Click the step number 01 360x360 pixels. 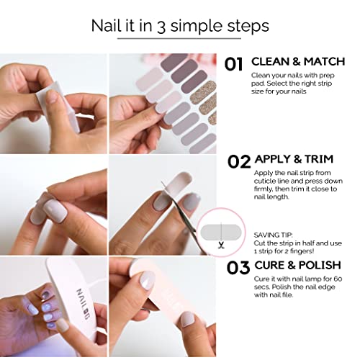tap(233, 64)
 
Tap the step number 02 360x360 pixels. tap(239, 161)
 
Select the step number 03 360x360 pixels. tap(238, 268)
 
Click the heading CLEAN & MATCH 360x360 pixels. tap(298, 62)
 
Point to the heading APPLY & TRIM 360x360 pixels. tap(294, 159)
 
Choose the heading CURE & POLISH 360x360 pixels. tap(297, 265)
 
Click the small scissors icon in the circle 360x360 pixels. tap(221, 245)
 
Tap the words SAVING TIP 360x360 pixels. tap(273, 235)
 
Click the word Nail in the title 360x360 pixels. tap(106, 25)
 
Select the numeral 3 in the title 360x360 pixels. tap(161, 27)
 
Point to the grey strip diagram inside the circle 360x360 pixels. tap(220, 233)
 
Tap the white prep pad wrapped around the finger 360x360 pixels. tap(58, 106)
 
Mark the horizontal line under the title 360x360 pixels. tap(179, 38)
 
